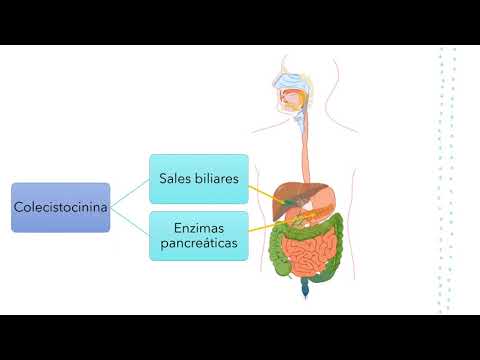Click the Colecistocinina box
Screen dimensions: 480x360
pyautogui.click(x=60, y=207)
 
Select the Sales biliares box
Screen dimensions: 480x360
pyautogui.click(x=198, y=179)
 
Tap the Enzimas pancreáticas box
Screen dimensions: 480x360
pyautogui.click(x=198, y=235)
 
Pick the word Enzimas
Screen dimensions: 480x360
pyautogui.click(x=198, y=228)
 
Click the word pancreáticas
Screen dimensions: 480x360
pyautogui.click(x=198, y=243)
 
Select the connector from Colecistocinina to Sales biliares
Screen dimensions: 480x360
pyautogui.click(x=130, y=193)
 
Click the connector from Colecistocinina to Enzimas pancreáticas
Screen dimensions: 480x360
pyautogui.click(x=130, y=221)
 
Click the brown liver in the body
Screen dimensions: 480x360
pyautogui.click(x=291, y=190)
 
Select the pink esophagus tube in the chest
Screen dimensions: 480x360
pyautogui.click(x=301, y=140)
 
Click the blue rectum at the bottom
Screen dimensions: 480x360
pyautogui.click(x=304, y=290)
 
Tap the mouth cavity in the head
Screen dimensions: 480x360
pyautogui.click(x=289, y=100)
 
